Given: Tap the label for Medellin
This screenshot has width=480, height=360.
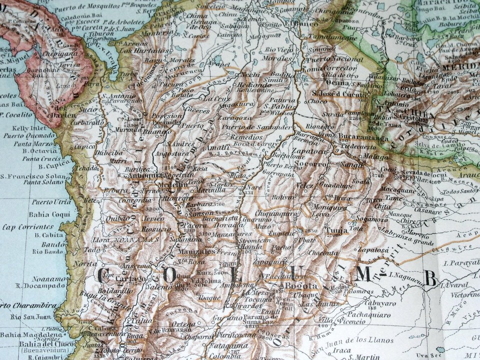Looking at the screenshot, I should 173,184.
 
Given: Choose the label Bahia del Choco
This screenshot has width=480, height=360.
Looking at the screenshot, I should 44,344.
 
